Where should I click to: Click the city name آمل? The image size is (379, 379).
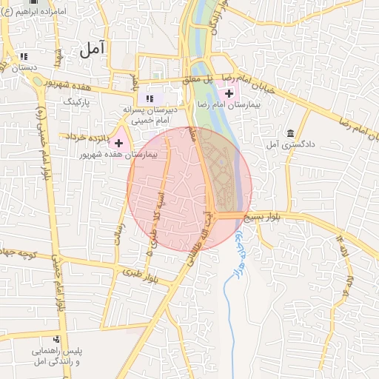point(93,50)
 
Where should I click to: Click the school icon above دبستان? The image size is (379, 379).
point(24,56)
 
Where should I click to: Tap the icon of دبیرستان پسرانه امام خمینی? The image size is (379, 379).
point(150,98)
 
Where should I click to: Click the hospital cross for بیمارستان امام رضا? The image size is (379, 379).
point(229,94)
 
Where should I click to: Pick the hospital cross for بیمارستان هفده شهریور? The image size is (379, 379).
point(118,143)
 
